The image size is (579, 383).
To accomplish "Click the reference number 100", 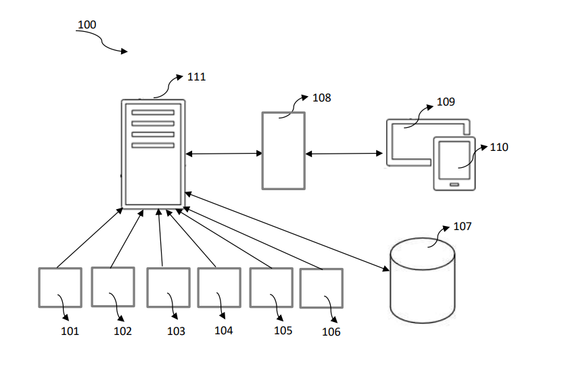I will coord(87,25).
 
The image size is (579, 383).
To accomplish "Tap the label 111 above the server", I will coord(196,76).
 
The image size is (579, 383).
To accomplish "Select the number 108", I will coord(321,97).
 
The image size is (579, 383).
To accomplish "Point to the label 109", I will coord(446,102).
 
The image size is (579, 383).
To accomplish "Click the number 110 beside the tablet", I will coord(499,147).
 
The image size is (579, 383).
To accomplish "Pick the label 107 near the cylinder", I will coord(462,226).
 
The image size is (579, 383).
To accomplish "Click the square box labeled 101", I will coord(60,288).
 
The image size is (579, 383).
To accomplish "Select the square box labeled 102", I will coord(113,287).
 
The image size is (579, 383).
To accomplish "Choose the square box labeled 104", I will coord(219,288).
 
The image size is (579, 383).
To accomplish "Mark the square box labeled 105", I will coord(271,288).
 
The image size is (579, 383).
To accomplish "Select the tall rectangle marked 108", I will coord(283,150).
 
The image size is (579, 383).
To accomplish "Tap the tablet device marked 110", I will coord(455,164).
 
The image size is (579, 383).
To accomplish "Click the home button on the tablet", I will coord(455,183).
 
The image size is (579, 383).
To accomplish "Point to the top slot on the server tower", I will coord(153,113).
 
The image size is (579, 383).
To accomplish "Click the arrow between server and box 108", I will coord(224,154).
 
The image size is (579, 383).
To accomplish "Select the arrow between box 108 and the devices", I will coord(344,154).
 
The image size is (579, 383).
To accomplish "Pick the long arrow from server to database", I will coord(287,231).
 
